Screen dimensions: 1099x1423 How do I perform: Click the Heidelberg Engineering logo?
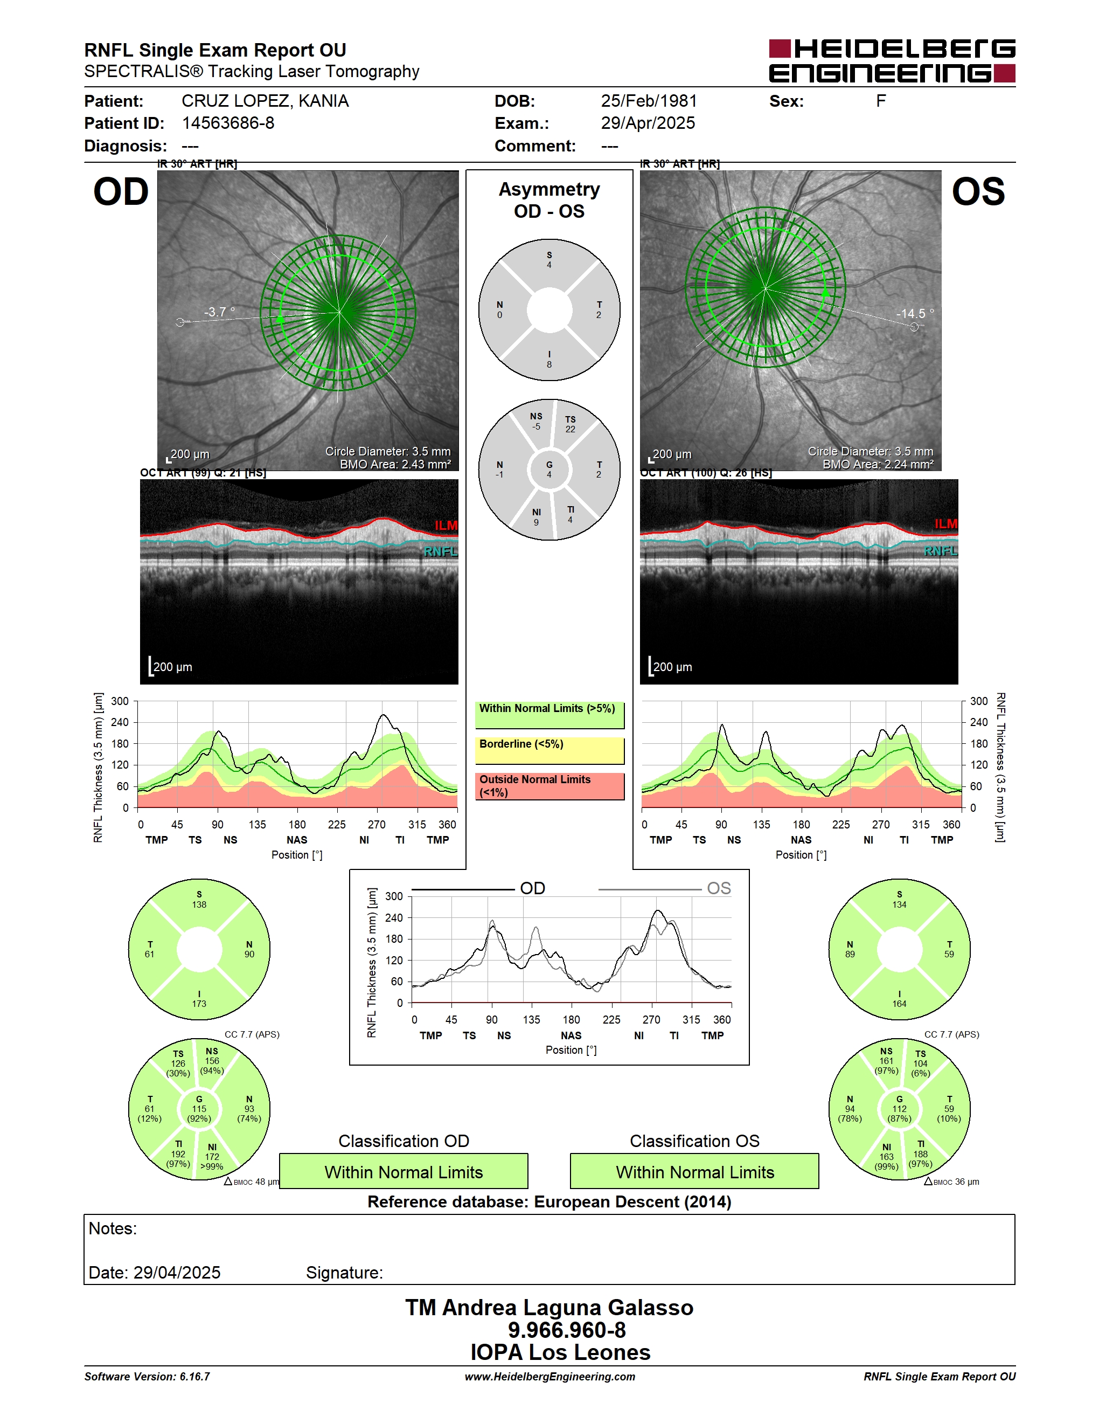click(x=892, y=61)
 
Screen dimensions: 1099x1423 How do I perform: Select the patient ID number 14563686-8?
click(x=228, y=123)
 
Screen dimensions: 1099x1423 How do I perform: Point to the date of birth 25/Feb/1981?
click(x=649, y=101)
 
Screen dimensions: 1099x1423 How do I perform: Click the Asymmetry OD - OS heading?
click(x=549, y=200)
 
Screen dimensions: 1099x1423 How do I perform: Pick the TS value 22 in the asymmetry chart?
click(x=571, y=430)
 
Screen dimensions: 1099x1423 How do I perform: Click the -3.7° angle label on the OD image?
click(x=219, y=312)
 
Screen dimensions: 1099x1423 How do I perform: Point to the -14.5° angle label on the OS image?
click(x=915, y=313)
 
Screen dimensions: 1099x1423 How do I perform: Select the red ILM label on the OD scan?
click(x=446, y=525)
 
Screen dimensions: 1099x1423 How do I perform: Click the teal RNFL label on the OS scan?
click(x=941, y=551)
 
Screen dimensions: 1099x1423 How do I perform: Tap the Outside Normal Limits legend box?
click(x=549, y=786)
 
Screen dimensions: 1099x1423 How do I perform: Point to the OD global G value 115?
click(x=199, y=1109)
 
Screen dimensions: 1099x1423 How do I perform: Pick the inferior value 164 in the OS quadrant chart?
click(x=899, y=1004)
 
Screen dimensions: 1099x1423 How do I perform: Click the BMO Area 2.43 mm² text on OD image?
click(x=395, y=465)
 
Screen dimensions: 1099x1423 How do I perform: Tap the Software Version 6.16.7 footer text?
click(x=147, y=1377)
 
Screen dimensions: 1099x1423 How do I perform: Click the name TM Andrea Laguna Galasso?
click(x=549, y=1308)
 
